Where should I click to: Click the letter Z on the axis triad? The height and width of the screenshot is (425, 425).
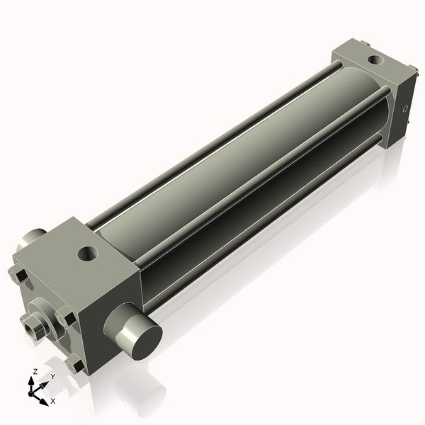(35, 372)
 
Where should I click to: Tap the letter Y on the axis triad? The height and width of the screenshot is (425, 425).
(53, 377)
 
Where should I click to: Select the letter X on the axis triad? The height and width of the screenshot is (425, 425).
(53, 401)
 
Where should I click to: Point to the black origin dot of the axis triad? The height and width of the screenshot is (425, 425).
(30, 393)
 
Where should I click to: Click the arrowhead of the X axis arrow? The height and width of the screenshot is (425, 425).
(45, 402)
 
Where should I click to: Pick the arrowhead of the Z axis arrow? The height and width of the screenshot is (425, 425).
(31, 381)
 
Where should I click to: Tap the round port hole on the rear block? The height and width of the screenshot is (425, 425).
(376, 60)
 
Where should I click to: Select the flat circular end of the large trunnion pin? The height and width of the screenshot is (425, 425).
(147, 343)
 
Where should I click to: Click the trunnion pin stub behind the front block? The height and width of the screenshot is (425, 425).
(30, 238)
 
